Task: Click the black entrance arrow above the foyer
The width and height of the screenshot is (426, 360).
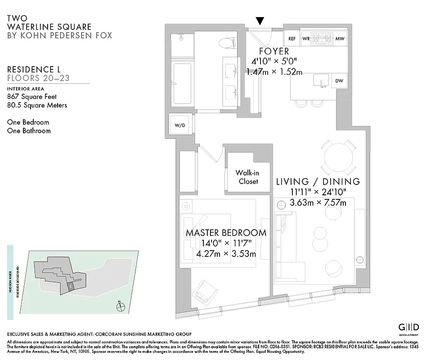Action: (260, 21)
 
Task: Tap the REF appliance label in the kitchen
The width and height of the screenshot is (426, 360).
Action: (292, 39)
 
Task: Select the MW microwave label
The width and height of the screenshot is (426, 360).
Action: (340, 39)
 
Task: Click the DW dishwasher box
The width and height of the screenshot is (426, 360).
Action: (339, 81)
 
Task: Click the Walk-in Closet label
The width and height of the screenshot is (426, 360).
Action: (247, 177)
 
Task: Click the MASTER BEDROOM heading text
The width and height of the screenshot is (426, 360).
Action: (226, 233)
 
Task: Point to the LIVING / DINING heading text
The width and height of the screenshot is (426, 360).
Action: (318, 182)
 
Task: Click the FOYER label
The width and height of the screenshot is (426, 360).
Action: (274, 51)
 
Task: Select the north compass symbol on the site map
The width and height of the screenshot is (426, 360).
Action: (120, 307)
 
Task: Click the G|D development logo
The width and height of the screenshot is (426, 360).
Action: (409, 327)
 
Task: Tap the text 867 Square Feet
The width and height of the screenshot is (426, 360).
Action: (32, 96)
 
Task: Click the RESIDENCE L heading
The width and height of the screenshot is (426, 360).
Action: (34, 69)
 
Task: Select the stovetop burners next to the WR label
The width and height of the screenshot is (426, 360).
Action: (322, 38)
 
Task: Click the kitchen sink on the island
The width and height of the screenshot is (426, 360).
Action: (322, 82)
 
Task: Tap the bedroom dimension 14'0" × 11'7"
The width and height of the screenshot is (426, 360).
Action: (226, 244)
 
